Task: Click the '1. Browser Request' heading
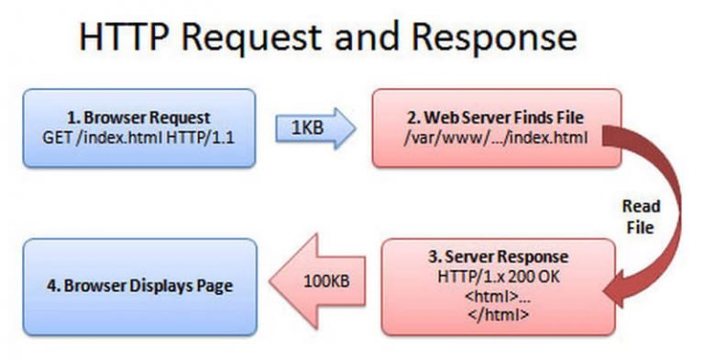pos(138,118)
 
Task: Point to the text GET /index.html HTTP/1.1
pos(138,137)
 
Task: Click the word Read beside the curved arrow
pos(640,207)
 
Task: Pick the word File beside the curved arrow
pos(640,227)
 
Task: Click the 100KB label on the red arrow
pos(324,284)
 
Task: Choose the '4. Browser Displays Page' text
pos(138,286)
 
